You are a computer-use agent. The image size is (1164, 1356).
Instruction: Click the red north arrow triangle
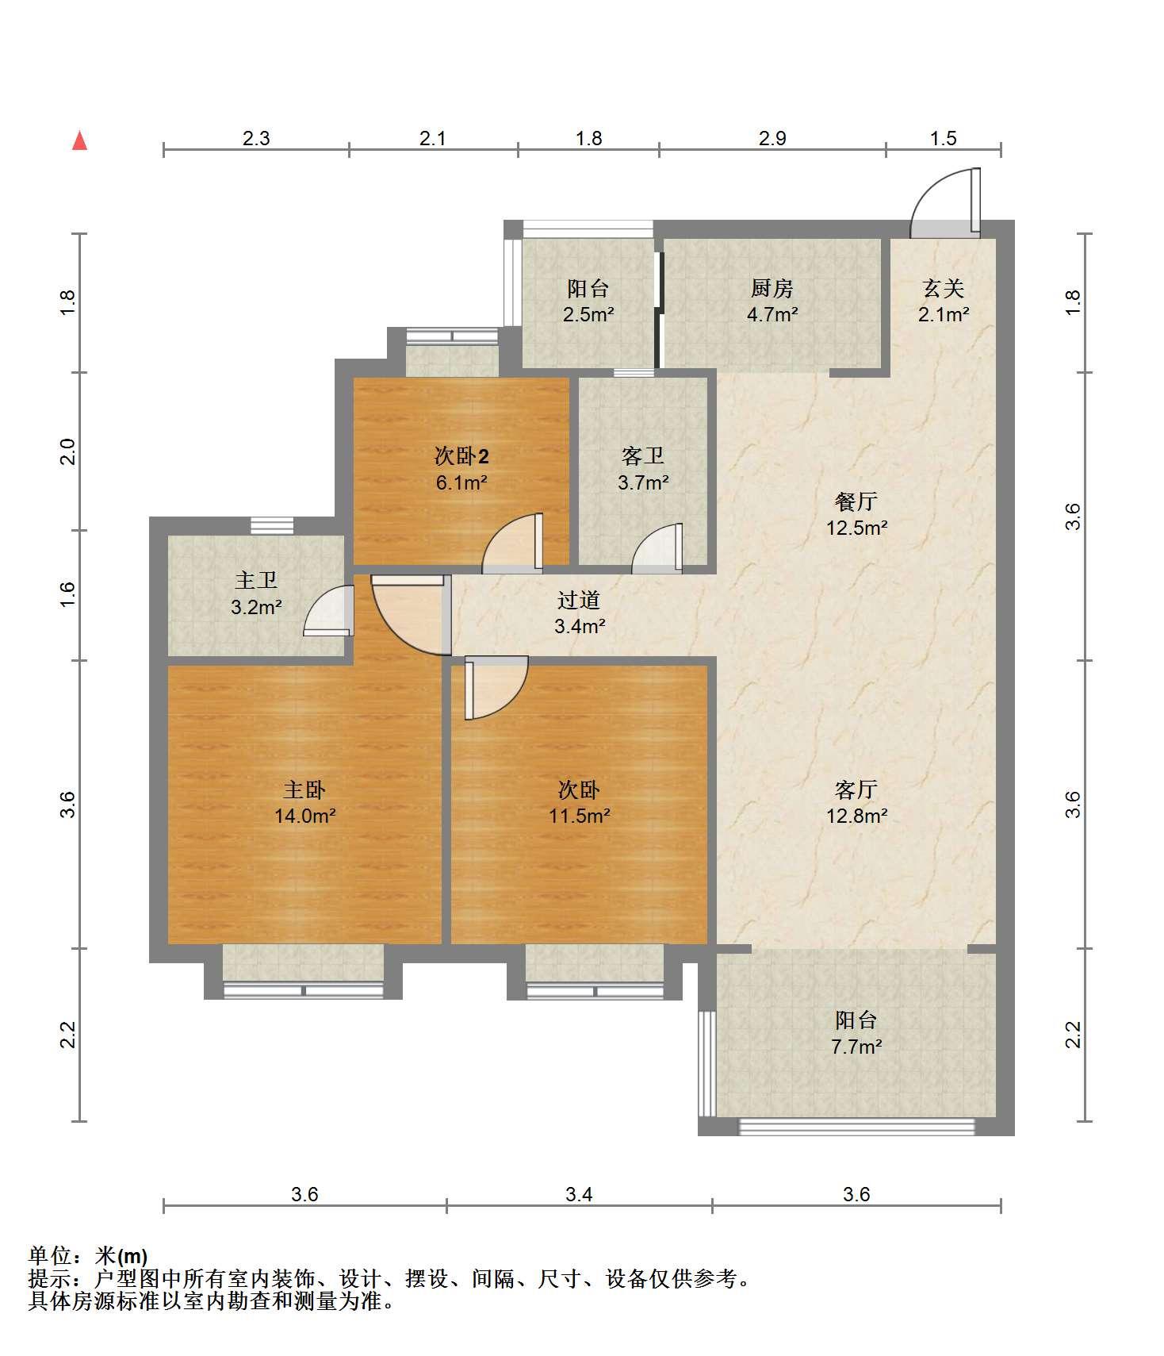pyautogui.click(x=79, y=140)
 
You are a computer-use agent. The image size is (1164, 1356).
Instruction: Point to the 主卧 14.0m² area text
pyautogui.click(x=305, y=816)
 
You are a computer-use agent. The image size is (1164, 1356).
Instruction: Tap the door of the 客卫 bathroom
pyautogui.click(x=657, y=548)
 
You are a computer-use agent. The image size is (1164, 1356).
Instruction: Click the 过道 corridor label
pyautogui.click(x=579, y=601)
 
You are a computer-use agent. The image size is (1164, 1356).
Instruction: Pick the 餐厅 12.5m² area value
pyautogui.click(x=856, y=528)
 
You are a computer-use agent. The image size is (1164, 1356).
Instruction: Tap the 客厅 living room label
pyautogui.click(x=856, y=789)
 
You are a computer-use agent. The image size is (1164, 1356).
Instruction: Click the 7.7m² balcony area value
pyautogui.click(x=856, y=1047)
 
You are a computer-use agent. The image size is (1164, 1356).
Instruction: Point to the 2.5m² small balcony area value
pyautogui.click(x=588, y=314)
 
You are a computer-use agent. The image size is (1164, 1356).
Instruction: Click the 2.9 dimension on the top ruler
pyautogui.click(x=772, y=139)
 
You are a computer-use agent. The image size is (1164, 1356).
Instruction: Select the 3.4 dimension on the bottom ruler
pyautogui.click(x=580, y=1194)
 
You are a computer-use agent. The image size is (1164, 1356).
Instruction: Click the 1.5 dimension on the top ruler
pyautogui.click(x=944, y=139)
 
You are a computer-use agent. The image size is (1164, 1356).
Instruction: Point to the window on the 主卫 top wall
pyautogui.click(x=272, y=525)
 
